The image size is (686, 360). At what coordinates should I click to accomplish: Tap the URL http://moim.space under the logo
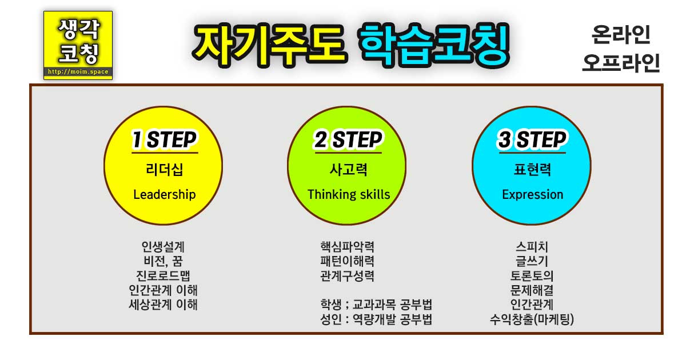click(x=78, y=73)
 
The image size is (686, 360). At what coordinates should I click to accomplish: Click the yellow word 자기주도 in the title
click(x=269, y=45)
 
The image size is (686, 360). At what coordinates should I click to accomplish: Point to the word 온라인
click(x=621, y=36)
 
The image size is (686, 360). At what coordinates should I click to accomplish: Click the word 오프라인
click(x=621, y=63)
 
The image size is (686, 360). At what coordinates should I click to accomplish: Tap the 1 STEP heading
click(x=165, y=140)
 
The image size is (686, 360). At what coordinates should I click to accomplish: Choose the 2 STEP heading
click(x=349, y=140)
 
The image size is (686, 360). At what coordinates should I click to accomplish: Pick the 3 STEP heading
click(x=532, y=140)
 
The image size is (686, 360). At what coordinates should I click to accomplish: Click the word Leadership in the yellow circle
click(x=165, y=194)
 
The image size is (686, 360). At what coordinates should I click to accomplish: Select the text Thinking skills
click(x=349, y=194)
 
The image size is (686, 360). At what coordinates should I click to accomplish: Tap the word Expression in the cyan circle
click(x=532, y=194)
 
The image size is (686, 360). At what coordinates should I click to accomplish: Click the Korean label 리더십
click(x=165, y=169)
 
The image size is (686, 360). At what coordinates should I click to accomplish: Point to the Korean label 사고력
click(x=349, y=169)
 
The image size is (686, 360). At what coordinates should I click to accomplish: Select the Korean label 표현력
click(x=532, y=169)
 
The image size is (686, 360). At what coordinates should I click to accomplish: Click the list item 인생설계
click(x=163, y=247)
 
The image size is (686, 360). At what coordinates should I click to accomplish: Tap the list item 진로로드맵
click(x=163, y=276)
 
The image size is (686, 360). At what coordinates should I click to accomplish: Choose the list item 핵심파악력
click(x=348, y=247)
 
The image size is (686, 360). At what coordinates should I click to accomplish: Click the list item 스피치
click(x=532, y=247)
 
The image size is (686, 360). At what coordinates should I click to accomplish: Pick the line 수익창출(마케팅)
click(x=532, y=319)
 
